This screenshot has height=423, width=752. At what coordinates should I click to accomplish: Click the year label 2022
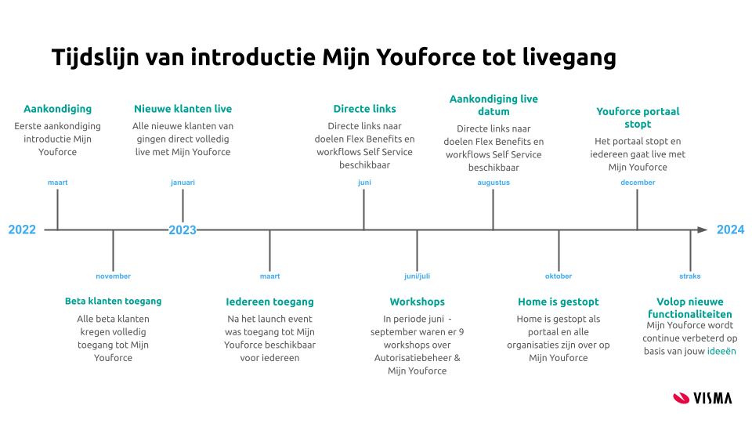(22, 230)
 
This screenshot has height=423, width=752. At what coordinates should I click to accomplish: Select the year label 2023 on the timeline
(183, 230)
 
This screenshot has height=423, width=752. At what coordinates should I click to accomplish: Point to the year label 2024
(730, 230)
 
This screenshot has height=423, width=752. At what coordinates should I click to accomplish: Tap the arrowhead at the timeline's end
(702, 230)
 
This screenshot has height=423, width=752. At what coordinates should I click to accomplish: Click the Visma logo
(702, 398)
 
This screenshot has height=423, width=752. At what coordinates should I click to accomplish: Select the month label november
(113, 276)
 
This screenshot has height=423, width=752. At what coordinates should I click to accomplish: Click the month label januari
(183, 183)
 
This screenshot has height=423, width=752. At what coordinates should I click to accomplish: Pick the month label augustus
(493, 183)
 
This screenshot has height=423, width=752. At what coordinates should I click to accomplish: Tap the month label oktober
(559, 276)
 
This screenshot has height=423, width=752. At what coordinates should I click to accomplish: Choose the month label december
(638, 183)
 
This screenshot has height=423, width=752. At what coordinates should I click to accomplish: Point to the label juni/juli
(417, 276)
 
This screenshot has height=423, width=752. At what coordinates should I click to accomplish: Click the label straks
(690, 276)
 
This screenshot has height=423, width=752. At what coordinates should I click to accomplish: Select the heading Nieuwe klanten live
(183, 109)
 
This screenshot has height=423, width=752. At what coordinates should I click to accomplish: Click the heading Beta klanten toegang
(113, 301)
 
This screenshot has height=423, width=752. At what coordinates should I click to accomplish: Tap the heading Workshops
(417, 302)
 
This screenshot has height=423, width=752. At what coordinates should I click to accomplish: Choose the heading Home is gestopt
(559, 302)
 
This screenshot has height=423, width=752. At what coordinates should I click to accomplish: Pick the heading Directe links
(364, 109)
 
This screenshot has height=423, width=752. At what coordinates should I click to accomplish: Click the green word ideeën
(721, 352)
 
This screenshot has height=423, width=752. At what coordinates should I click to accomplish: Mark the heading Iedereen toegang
(269, 302)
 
